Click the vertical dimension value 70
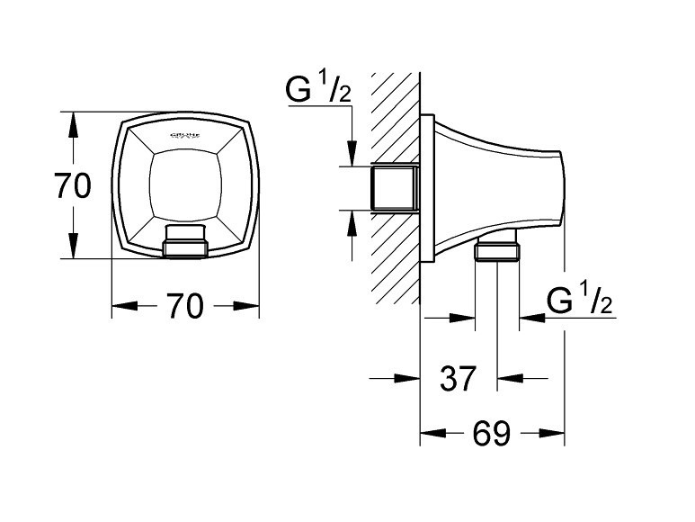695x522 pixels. pyautogui.click(x=73, y=186)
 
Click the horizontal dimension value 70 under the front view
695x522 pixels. pyautogui.click(x=184, y=307)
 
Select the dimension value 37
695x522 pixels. pyautogui.click(x=459, y=379)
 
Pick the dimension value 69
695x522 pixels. pyautogui.click(x=491, y=436)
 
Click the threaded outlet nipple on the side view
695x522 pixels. pyautogui.click(x=497, y=251)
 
